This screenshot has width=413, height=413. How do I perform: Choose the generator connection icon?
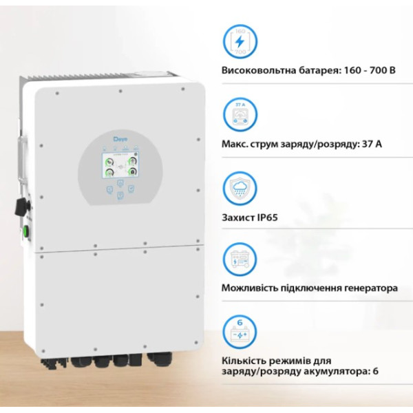(x=241, y=261)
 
